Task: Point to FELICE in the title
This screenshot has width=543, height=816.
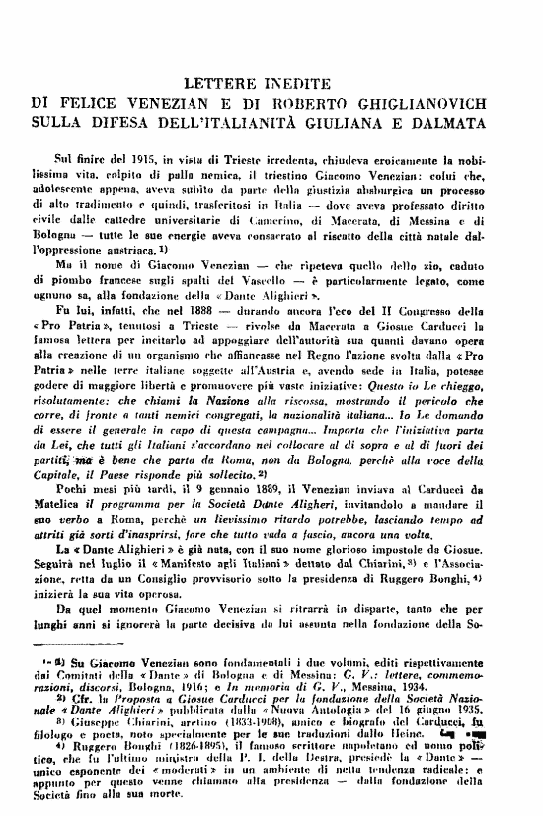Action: coord(92,101)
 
